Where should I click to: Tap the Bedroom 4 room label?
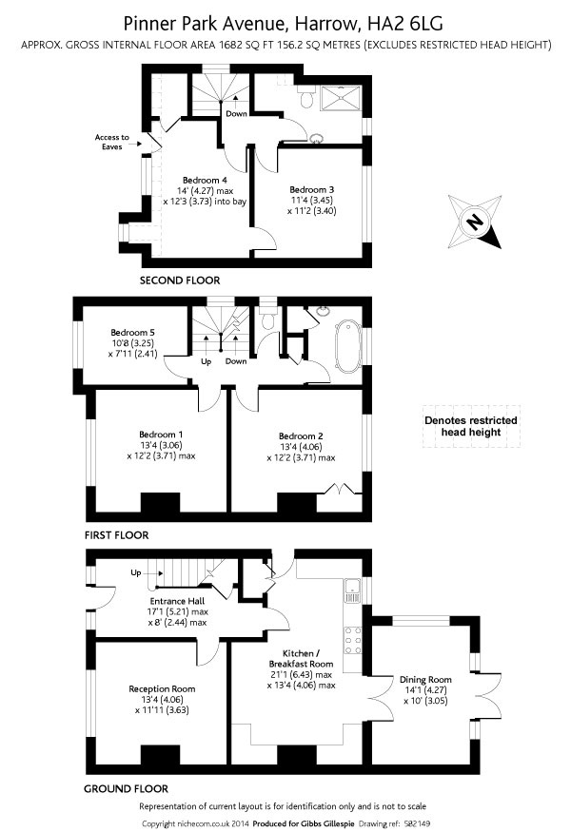(205, 181)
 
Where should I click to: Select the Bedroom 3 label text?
(311, 188)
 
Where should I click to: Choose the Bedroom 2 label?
(301, 436)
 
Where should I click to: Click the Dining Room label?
(425, 680)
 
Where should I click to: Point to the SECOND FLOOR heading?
(180, 281)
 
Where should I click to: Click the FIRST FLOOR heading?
(116, 535)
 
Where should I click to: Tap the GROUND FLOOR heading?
(126, 788)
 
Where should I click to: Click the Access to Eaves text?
(111, 142)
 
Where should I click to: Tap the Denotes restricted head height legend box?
(470, 427)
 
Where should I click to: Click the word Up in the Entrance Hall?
(135, 572)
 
